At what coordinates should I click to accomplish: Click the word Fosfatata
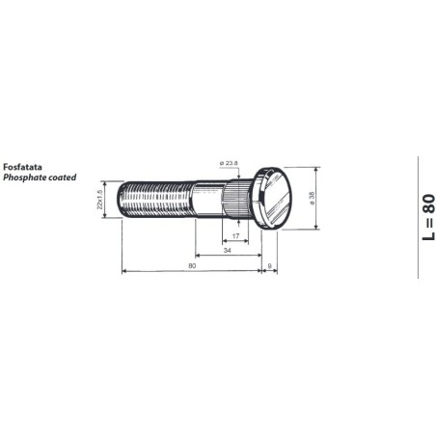(22, 167)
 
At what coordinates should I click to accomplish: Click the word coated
(62, 177)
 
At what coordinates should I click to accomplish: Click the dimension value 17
(236, 235)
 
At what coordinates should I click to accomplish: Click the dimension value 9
(269, 264)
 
